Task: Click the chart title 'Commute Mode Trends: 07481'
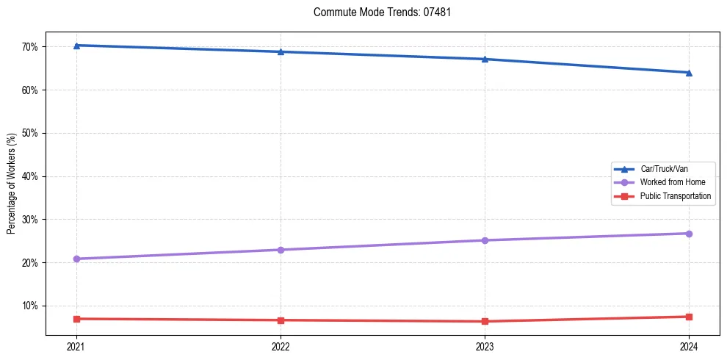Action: point(377,12)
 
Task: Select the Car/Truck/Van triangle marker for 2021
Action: point(76,46)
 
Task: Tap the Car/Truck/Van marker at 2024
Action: point(689,73)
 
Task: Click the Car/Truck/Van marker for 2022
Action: point(281,52)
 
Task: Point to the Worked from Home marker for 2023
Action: point(485,240)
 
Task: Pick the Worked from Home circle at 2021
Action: point(76,259)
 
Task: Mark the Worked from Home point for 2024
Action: point(689,234)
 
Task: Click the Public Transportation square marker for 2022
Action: point(281,320)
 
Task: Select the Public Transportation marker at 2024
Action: point(689,317)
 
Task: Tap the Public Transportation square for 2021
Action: point(76,319)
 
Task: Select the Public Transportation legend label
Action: point(676,196)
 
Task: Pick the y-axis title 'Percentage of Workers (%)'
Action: point(11,184)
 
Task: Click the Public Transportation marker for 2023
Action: point(485,321)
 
